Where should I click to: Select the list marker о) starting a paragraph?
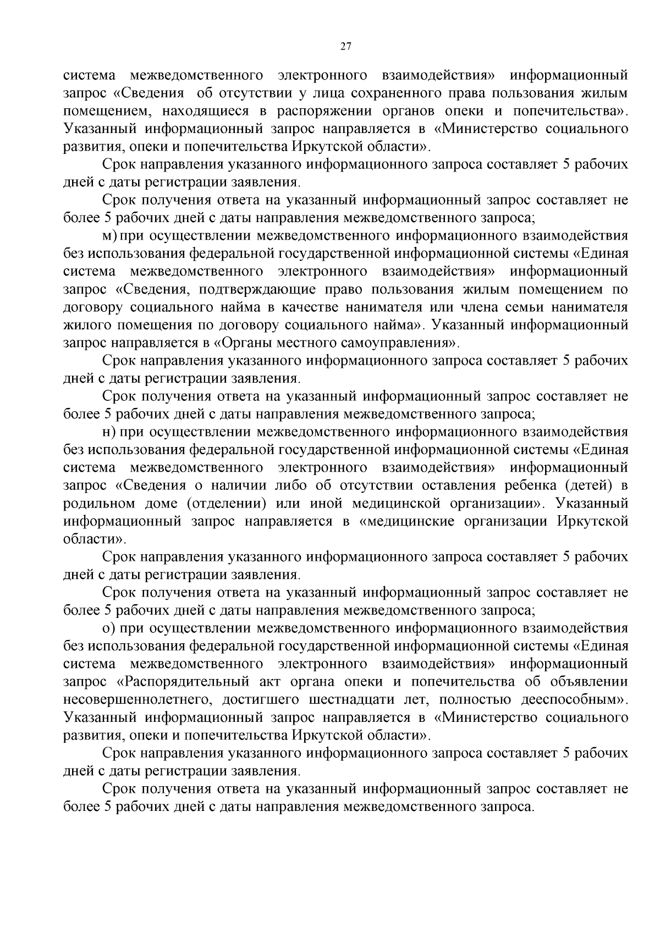point(109,628)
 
